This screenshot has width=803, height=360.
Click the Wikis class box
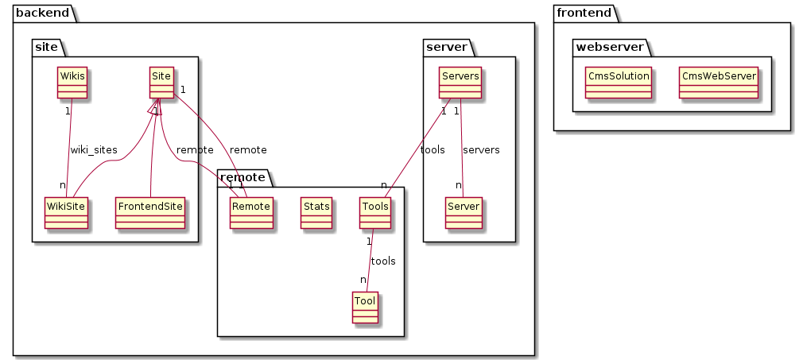tap(72, 83)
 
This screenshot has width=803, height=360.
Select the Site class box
tap(162, 83)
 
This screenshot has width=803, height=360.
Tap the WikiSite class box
tap(66, 213)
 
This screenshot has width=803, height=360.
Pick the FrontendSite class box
tap(150, 213)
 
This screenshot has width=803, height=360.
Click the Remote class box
tap(251, 213)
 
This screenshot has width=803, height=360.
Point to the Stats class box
tap(316, 213)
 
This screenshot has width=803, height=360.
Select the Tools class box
tap(375, 213)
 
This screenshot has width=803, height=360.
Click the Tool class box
tap(365, 308)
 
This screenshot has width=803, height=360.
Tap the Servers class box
tap(460, 83)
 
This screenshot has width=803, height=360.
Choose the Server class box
tap(464, 213)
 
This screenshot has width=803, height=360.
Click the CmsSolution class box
tap(619, 83)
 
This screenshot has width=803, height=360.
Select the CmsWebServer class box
tap(719, 83)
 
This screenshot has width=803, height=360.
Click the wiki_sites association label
tap(94, 150)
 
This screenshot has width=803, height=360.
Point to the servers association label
tap(481, 150)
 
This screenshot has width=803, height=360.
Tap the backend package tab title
tap(42, 13)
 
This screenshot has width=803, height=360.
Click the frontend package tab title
tap(583, 13)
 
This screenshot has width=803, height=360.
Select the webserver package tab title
tap(610, 48)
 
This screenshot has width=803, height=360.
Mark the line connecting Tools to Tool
tap(370, 260)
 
